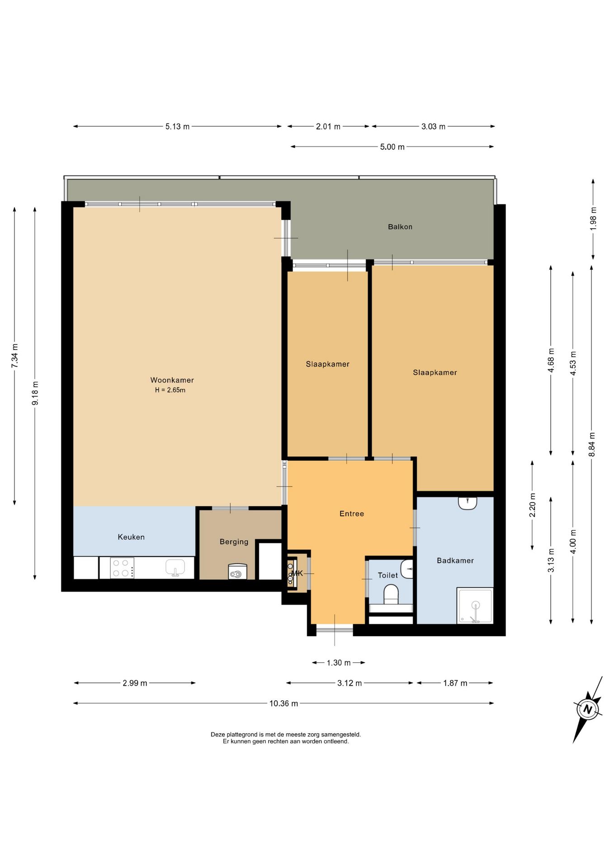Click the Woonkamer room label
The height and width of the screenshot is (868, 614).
(x=172, y=380)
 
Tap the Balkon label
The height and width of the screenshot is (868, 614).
(x=400, y=227)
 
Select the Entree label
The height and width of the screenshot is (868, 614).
(x=352, y=514)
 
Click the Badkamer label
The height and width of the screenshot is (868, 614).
(x=455, y=561)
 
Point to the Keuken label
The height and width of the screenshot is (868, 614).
(x=131, y=537)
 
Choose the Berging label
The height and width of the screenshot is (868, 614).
(x=234, y=542)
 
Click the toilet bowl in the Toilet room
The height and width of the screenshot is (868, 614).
(x=391, y=594)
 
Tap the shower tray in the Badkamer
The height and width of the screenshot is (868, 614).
(x=475, y=606)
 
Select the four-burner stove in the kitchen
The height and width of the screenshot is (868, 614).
(x=122, y=568)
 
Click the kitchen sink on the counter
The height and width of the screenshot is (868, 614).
(x=175, y=568)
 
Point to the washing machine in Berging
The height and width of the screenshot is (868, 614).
(x=237, y=571)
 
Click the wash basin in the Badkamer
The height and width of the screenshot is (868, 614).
(x=468, y=503)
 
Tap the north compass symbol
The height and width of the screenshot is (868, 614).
(x=587, y=709)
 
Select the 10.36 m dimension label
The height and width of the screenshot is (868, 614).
(x=283, y=703)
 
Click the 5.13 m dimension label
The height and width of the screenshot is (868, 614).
(x=177, y=127)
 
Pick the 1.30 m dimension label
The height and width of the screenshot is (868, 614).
(x=339, y=663)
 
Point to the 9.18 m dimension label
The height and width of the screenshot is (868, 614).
(x=35, y=393)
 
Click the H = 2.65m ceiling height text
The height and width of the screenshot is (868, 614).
(x=170, y=390)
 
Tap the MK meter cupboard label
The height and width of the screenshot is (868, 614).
(x=297, y=573)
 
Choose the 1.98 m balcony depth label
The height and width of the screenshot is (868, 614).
(x=593, y=219)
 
